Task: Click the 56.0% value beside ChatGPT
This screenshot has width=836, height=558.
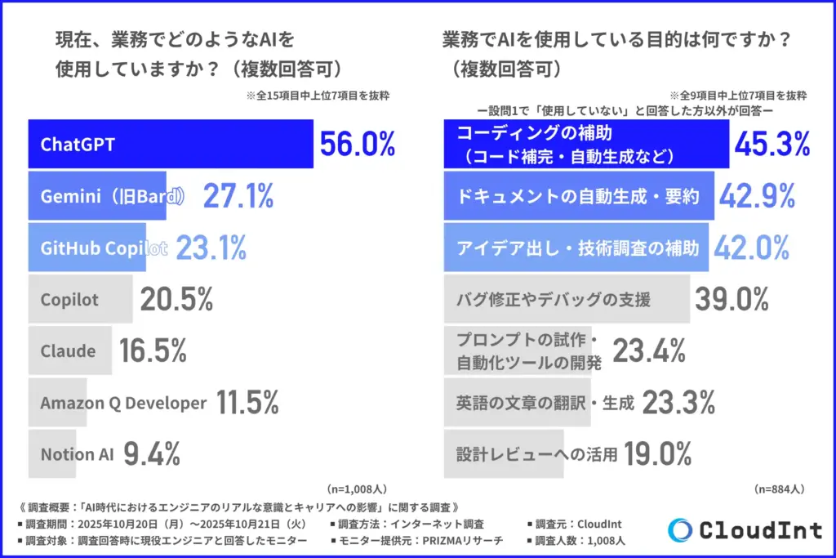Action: (x=358, y=145)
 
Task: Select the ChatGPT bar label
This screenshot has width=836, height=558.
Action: (x=78, y=145)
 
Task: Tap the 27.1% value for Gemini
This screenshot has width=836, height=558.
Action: (x=238, y=196)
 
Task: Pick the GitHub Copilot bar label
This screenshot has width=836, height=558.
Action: (x=104, y=248)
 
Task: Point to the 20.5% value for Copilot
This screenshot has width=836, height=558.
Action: (x=176, y=300)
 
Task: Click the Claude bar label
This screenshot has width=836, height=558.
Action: (x=68, y=351)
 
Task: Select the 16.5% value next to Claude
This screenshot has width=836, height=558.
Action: (x=153, y=351)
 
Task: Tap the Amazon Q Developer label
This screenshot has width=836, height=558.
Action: (x=123, y=403)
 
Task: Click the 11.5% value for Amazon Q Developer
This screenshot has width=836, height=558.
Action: (x=247, y=403)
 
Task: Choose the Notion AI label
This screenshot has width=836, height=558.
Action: (x=77, y=454)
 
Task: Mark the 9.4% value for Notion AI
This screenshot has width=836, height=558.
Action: (x=152, y=454)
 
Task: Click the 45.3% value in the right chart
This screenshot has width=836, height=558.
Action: (x=772, y=145)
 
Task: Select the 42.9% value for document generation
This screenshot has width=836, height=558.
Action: (x=757, y=196)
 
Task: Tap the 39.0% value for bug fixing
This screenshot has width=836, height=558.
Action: (x=731, y=300)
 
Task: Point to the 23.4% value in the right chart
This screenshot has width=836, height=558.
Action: (x=649, y=351)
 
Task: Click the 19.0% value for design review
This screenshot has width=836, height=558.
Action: (x=659, y=454)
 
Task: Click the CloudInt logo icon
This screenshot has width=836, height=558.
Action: (x=680, y=529)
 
